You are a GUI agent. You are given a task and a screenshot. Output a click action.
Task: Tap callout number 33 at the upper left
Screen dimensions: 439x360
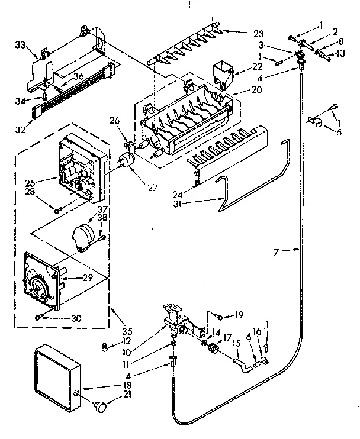click(21, 46)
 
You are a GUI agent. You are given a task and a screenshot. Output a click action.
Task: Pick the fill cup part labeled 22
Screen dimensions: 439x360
click(224, 73)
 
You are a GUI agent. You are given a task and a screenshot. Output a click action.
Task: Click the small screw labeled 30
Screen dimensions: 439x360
click(38, 317)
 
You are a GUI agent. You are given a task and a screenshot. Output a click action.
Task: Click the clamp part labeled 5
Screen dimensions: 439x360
click(314, 122)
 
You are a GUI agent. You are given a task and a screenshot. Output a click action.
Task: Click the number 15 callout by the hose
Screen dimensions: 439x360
click(235, 343)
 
